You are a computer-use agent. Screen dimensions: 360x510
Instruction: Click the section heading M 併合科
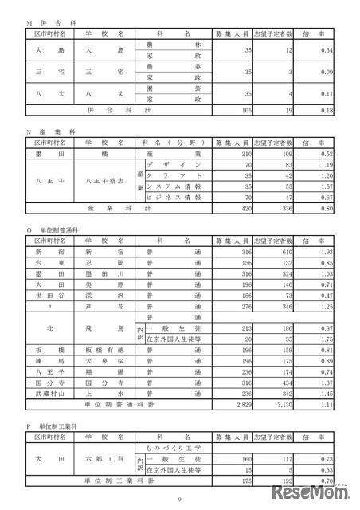(x=47, y=24)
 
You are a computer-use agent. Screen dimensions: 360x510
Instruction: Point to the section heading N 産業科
(x=47, y=128)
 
